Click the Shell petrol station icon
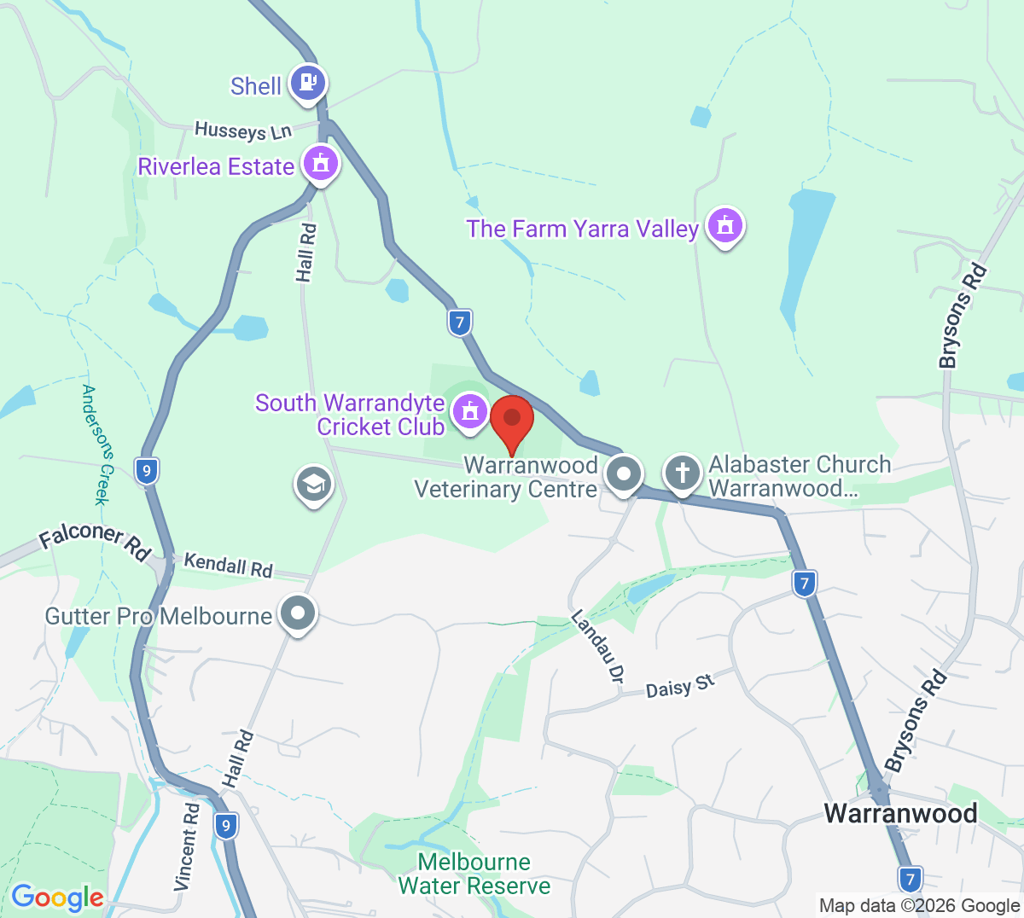point(307,83)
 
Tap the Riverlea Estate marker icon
point(321,162)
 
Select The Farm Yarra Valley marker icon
point(725,226)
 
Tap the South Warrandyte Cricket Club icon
point(469,411)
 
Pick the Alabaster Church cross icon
point(682,473)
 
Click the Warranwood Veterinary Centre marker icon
point(624,473)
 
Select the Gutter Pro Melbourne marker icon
point(299,613)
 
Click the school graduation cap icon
point(314,485)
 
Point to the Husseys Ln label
point(243,131)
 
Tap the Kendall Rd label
point(228,565)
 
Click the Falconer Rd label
point(95,539)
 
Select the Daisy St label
point(679,685)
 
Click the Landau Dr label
point(597,646)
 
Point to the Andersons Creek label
point(96,444)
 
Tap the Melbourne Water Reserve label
point(474,874)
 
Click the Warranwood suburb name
point(900,813)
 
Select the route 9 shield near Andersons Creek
point(147,471)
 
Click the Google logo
point(57,898)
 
